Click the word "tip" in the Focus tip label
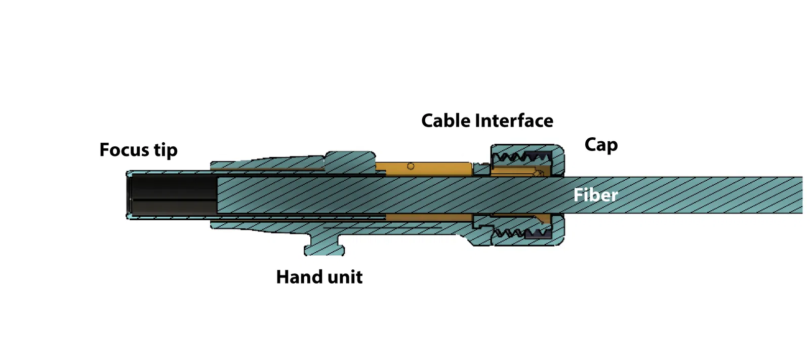click(x=166, y=150)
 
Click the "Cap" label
click(x=601, y=145)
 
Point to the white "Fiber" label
click(x=595, y=195)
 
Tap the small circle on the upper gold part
click(x=411, y=166)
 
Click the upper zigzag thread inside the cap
click(x=513, y=157)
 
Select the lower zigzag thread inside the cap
click(x=513, y=233)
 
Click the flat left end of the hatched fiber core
click(x=218, y=195)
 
